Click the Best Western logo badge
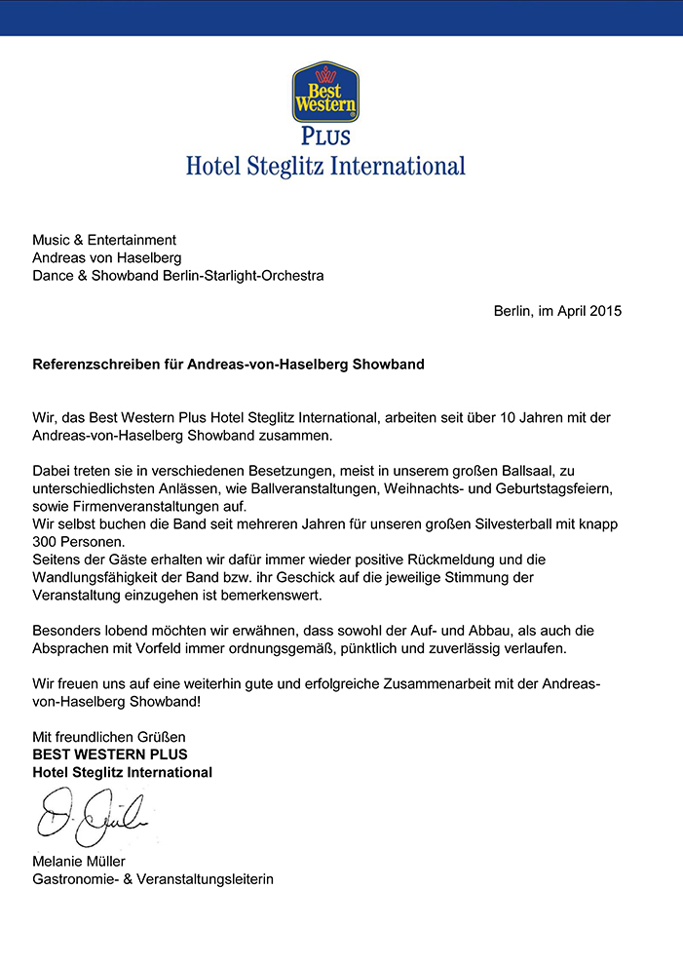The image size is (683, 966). coord(325,92)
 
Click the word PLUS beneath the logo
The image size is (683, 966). coord(325,135)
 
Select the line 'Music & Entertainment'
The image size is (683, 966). coord(104,239)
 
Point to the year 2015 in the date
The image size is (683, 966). coord(604,312)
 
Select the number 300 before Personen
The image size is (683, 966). coord(45,542)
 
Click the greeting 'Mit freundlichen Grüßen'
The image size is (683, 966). coord(109,736)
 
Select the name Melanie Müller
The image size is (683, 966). coord(79,861)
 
